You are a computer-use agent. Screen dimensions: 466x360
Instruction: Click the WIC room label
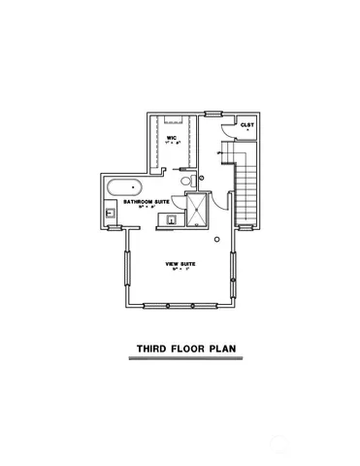coord(171,138)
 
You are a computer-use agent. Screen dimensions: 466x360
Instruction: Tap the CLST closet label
coord(248,125)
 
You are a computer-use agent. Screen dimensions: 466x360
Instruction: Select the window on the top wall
coord(175,115)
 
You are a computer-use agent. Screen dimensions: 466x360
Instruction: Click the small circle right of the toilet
coord(202,178)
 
